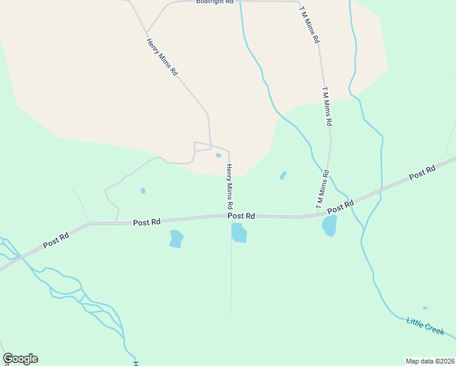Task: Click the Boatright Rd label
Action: click(x=215, y=2)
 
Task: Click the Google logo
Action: click(x=20, y=359)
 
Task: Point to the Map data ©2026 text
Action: click(x=429, y=361)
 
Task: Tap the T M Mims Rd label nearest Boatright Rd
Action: click(x=310, y=24)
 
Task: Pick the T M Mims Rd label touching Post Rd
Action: click(x=322, y=190)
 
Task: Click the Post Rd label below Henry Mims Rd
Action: click(x=241, y=216)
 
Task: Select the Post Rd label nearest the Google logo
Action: click(x=57, y=239)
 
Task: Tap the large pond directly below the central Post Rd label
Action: click(x=239, y=232)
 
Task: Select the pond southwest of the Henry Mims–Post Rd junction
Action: click(x=176, y=239)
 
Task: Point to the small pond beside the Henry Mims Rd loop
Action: click(x=218, y=155)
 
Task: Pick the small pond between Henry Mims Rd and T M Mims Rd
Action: click(x=283, y=176)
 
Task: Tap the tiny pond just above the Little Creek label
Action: click(x=425, y=308)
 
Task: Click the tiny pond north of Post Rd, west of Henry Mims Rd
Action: click(x=143, y=191)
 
